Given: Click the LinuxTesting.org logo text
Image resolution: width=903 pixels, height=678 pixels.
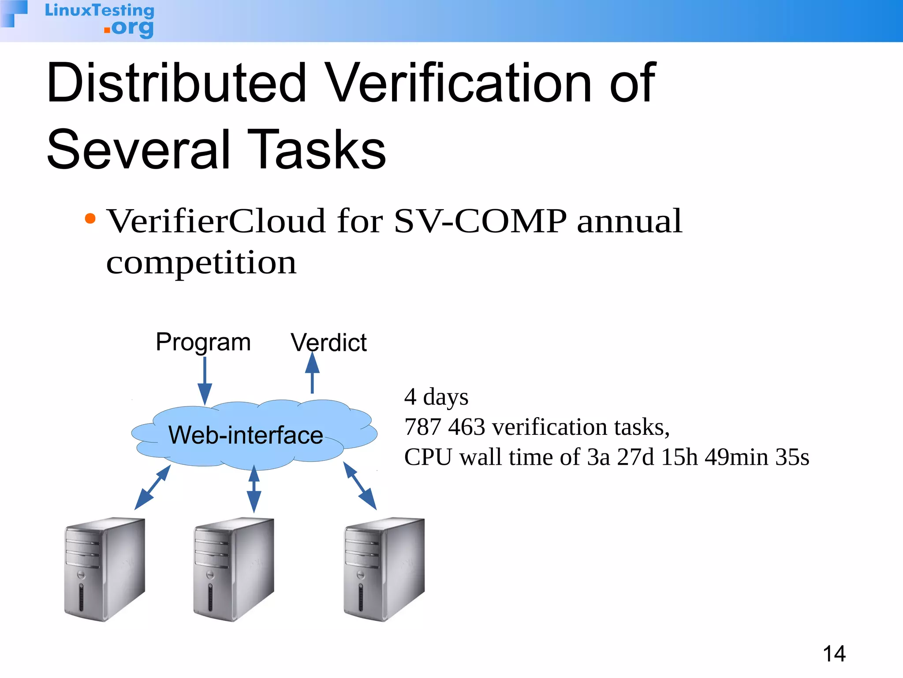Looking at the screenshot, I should point(100,19).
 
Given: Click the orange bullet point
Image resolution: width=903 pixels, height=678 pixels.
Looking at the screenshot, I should point(90,218).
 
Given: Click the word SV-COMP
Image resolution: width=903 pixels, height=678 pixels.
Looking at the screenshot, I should point(480,221).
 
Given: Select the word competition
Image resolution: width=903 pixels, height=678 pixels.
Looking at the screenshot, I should point(201,263).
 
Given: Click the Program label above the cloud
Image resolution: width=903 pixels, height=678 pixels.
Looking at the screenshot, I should point(203,342).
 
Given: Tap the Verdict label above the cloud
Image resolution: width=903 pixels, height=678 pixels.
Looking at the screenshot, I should point(328,343).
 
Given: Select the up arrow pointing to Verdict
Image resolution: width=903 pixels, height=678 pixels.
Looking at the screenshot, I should point(312,373).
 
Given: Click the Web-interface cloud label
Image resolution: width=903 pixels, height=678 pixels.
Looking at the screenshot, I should point(246,435).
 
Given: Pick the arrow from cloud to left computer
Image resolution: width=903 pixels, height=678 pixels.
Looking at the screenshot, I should point(152,488).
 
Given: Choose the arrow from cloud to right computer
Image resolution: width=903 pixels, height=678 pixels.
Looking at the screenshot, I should point(360,486).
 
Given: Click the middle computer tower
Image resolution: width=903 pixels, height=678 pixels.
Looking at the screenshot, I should point(234,569).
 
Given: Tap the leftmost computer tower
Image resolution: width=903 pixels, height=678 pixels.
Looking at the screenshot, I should point(105,569).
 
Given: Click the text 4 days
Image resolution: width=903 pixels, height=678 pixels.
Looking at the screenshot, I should point(436,397).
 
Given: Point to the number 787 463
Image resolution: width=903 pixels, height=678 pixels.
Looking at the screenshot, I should point(444,427).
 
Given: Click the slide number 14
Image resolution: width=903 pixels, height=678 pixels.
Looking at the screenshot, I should point(834,654).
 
